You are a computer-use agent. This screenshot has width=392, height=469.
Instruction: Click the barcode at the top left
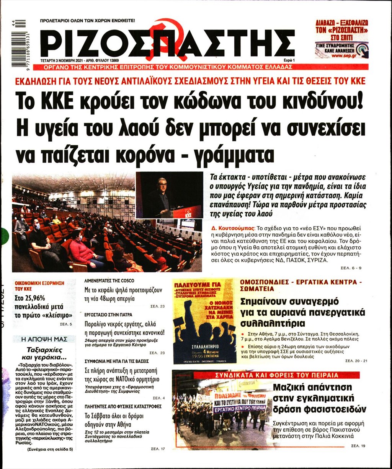pos(18,43)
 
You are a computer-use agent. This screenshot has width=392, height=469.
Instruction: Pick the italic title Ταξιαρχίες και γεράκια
pos(44,353)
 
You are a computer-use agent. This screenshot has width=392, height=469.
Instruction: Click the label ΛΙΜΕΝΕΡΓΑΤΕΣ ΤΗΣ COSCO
pos(109,281)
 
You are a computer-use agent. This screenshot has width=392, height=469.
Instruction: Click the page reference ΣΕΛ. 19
pos(359,446)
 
